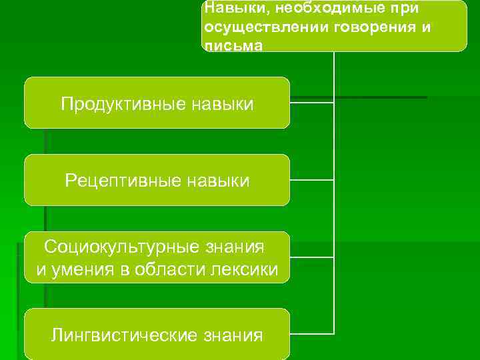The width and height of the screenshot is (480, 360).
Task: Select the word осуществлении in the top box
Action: [255, 28]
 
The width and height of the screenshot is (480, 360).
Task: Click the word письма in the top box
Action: [233, 46]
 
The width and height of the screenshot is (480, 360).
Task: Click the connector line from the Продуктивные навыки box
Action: [311, 103]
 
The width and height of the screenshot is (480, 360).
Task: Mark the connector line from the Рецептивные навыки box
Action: [311, 180]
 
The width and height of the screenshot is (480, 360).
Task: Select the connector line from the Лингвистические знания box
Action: [311, 333]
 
